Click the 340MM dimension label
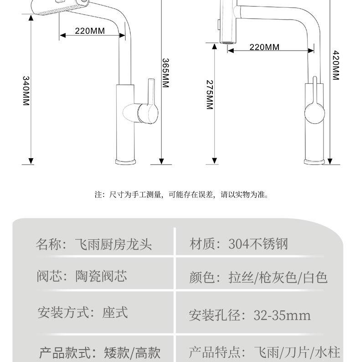tap(26, 91)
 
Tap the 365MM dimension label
tap(165, 73)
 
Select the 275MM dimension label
tap(210, 95)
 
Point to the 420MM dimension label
tap(336, 65)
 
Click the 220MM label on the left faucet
tap(90, 31)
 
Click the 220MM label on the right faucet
tap(264, 47)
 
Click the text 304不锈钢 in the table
tap(258, 244)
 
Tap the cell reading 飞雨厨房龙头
tap(113, 245)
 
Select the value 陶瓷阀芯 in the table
tap(101, 276)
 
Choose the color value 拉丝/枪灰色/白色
tap(278, 277)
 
